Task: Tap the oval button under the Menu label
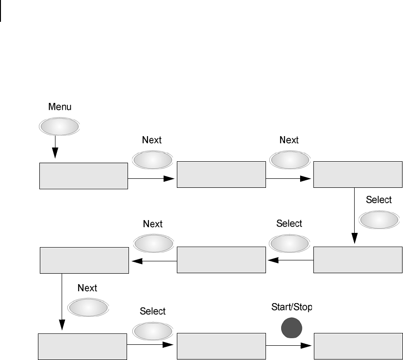point(58,126)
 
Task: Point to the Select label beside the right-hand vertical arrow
point(379,200)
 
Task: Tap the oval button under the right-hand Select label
point(379,220)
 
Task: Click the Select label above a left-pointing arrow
point(289,223)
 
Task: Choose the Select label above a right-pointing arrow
point(153,311)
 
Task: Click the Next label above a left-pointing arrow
point(153,223)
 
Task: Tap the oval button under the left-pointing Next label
point(153,243)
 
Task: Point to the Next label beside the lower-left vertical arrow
point(87,288)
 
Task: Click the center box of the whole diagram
point(221,260)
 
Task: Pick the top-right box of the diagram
point(357,175)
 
